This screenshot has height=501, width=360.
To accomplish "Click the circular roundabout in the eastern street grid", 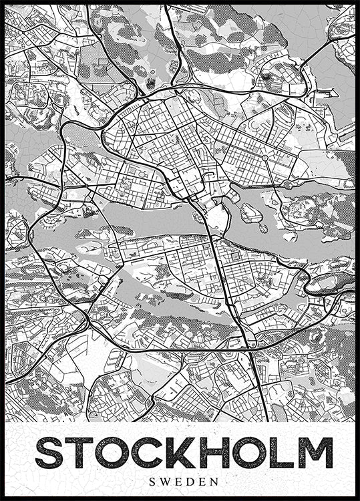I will [x=264, y=158].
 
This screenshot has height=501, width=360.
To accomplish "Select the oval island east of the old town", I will [x=251, y=213].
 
